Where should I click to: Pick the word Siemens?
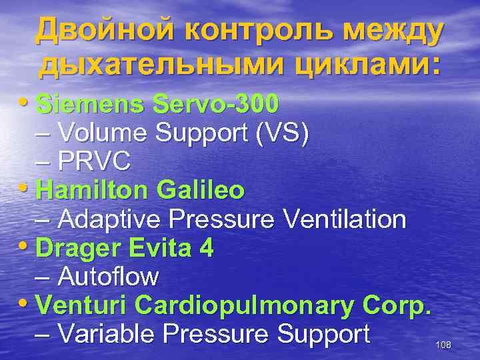90,105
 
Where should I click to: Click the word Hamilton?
93,191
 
